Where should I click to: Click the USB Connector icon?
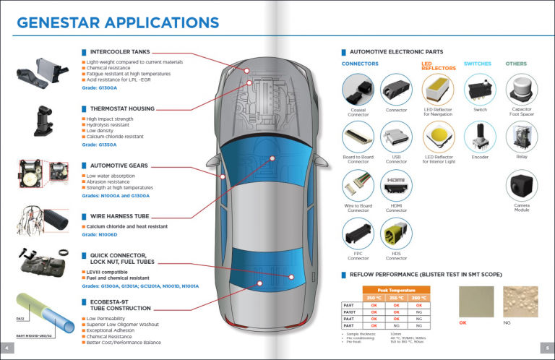(396, 137)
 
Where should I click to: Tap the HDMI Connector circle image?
(396, 186)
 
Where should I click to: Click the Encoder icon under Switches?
(480, 137)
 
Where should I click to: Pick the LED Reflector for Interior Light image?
(438, 137)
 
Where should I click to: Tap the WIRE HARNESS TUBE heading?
(120, 215)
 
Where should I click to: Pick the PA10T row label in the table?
(348, 311)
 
